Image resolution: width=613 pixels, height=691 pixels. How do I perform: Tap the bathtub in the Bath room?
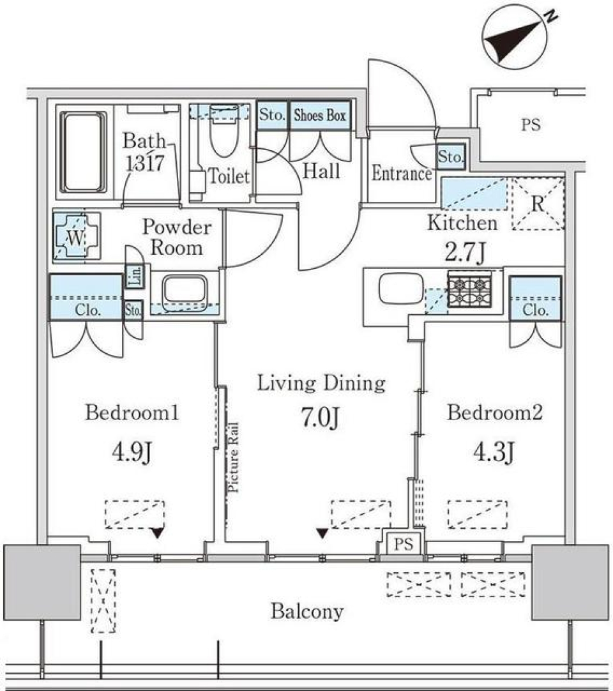pyautogui.click(x=83, y=152)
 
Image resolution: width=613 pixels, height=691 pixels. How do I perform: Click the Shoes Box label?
pyautogui.click(x=319, y=116)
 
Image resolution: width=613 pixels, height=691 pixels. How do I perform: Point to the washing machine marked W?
pyautogui.click(x=75, y=237)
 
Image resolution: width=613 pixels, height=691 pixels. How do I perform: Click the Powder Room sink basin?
pyautogui.click(x=184, y=291)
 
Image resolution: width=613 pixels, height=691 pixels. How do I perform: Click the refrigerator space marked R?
pyautogui.click(x=538, y=204)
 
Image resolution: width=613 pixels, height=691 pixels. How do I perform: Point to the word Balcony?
pyautogui.click(x=306, y=612)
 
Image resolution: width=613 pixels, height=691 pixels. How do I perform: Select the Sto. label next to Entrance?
pyautogui.click(x=451, y=156)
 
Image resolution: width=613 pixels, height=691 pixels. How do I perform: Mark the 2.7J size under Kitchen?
pyautogui.click(x=465, y=252)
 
